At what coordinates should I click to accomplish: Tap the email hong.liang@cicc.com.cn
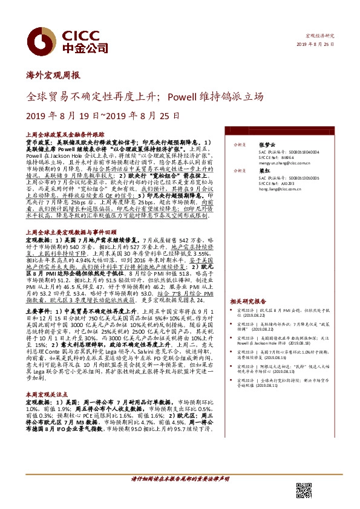pos(280,189)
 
